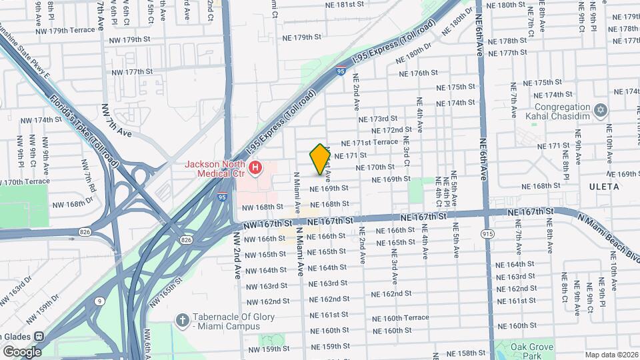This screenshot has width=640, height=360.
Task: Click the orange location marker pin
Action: tap(320, 159)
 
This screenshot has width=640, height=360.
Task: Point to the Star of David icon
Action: tap(601, 109)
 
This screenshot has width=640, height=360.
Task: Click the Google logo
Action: tap(22, 351)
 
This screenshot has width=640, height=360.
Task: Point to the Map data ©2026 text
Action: tap(611, 355)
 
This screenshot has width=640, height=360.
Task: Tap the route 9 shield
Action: tap(99, 301)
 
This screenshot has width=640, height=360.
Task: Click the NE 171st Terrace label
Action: tap(369, 143)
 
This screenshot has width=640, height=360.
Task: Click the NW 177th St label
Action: tap(132, 72)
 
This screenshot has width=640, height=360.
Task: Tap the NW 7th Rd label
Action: tap(87, 174)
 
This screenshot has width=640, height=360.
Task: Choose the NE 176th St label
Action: tap(417, 73)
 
